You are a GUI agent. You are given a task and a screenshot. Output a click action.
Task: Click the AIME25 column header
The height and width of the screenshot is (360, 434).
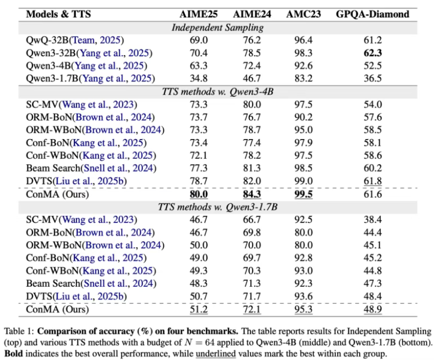tap(199, 14)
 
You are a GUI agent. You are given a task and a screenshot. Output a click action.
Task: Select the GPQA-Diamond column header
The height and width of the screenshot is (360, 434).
tap(372, 14)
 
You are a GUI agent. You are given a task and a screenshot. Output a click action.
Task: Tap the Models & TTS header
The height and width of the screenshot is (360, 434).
tap(58, 14)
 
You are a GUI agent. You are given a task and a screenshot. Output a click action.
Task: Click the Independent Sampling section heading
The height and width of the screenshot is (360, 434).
tap(218, 27)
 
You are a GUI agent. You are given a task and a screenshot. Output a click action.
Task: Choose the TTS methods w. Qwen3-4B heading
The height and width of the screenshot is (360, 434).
tap(218, 91)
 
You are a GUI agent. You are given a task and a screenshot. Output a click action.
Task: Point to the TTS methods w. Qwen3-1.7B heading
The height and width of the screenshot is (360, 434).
tap(218, 207)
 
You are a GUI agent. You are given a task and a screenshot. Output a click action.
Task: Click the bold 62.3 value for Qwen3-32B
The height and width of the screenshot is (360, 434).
tap(372, 53)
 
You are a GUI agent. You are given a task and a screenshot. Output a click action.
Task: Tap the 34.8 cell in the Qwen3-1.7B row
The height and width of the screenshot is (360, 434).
tap(199, 78)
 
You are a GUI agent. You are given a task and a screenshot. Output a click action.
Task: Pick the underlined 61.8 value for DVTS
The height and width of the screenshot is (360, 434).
tap(372, 181)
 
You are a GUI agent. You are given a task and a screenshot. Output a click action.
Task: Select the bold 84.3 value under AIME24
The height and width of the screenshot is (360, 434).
tap(252, 194)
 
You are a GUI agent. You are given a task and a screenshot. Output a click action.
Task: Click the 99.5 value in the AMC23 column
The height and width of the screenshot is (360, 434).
tap(303, 194)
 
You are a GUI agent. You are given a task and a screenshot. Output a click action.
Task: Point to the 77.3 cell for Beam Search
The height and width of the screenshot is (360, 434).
tap(199, 168)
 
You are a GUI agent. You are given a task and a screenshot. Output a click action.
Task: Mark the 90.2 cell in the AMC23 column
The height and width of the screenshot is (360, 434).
tap(303, 117)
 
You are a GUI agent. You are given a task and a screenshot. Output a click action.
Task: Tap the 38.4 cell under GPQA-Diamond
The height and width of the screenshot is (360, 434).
tap(372, 220)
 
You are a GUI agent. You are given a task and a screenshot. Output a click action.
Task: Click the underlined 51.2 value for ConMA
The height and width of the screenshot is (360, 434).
tap(199, 309)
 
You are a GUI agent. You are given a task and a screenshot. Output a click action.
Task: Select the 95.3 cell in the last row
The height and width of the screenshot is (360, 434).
tap(303, 309)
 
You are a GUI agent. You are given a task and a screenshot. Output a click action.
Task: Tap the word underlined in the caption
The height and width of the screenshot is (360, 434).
tap(216, 354)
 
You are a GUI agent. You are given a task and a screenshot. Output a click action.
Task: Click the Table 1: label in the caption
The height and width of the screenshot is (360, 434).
tap(19, 331)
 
